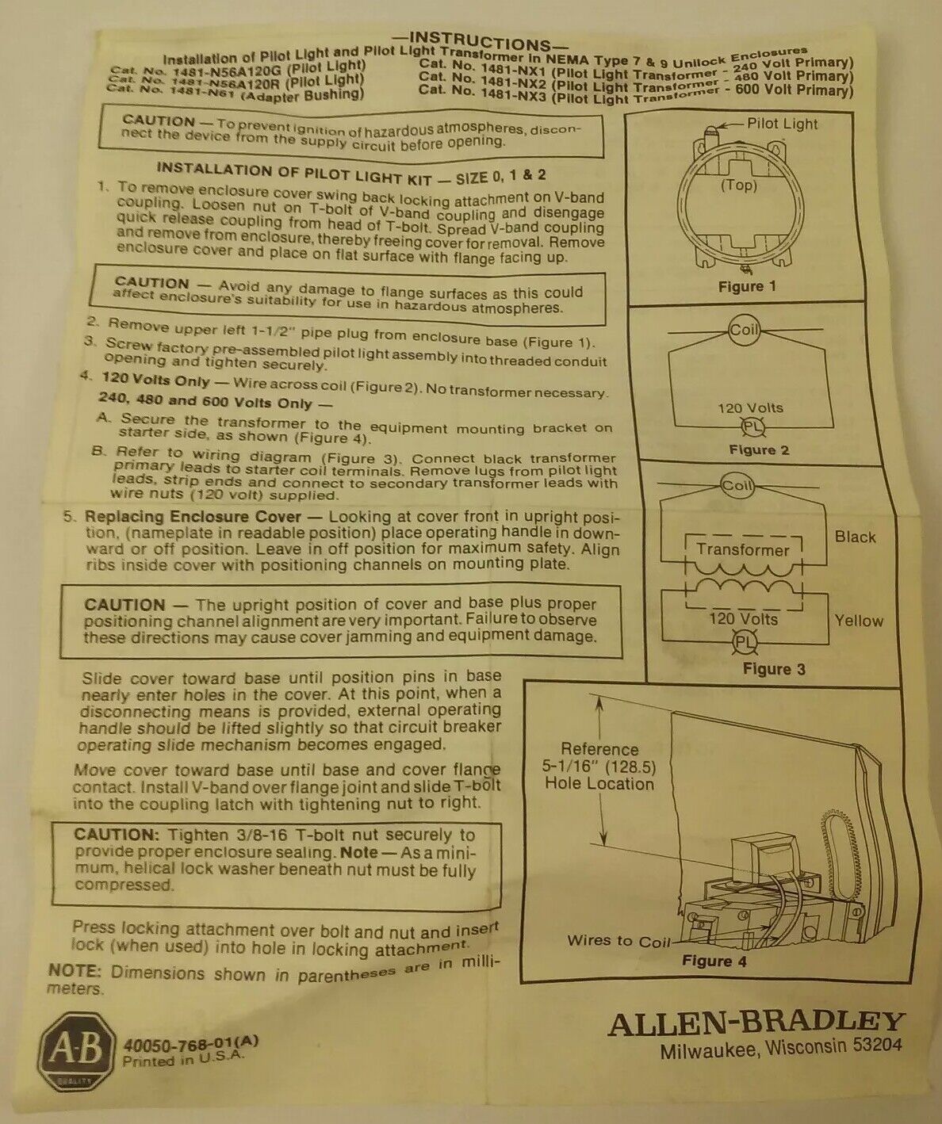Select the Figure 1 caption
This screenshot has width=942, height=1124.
[747, 286]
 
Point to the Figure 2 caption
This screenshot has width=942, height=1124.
[759, 449]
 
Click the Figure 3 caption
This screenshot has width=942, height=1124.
[774, 669]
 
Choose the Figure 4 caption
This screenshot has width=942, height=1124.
[714, 961]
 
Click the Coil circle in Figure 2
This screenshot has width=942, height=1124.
[744, 329]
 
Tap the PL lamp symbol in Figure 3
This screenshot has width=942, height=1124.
[745, 642]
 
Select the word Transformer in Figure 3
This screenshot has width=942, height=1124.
[742, 549]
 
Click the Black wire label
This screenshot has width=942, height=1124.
[855, 537]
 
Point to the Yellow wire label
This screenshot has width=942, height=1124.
[859, 621]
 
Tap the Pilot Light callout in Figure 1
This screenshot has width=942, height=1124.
[782, 124]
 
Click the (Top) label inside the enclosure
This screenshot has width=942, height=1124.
[739, 185]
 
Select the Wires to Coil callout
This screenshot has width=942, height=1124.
[618, 940]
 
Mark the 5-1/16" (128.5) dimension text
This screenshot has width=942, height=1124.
[599, 766]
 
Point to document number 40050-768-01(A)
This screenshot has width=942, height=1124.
[190, 1044]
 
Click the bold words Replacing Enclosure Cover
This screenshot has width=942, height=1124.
[193, 516]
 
